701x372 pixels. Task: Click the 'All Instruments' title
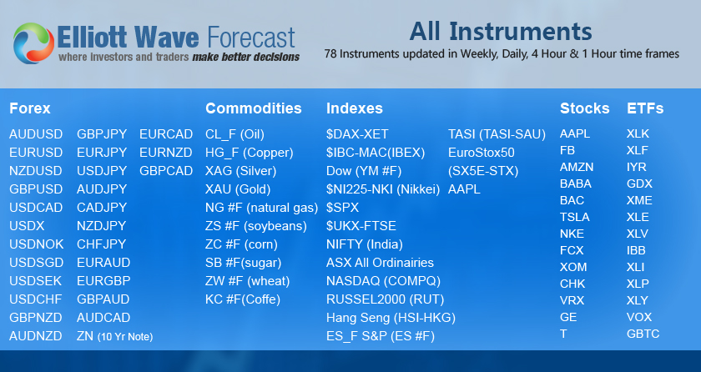(x=501, y=32)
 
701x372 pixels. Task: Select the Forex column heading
(x=30, y=108)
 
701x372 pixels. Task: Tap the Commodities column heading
(x=254, y=108)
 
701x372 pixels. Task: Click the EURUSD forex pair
(x=36, y=153)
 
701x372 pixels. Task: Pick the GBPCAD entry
(x=166, y=171)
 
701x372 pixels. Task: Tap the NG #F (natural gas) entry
(x=262, y=208)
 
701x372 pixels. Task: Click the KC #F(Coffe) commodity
(x=243, y=299)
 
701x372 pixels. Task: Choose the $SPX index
(x=344, y=208)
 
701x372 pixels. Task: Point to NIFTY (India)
(x=364, y=244)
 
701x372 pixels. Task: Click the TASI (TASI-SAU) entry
(x=497, y=134)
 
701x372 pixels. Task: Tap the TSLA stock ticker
(x=574, y=217)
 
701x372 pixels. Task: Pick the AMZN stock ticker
(x=577, y=167)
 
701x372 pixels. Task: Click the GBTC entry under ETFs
(x=643, y=334)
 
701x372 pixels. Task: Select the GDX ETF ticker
(x=640, y=183)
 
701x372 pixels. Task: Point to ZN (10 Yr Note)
(x=114, y=336)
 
